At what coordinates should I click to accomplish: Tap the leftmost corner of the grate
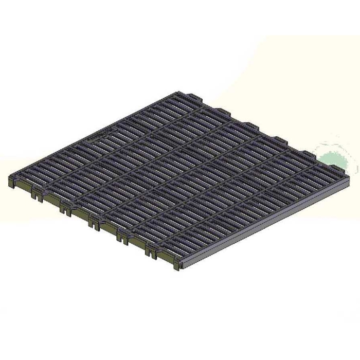(10, 177)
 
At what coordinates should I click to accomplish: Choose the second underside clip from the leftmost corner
(65, 208)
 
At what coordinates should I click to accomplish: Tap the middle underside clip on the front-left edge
(94, 222)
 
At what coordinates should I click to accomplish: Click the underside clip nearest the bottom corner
(151, 249)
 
